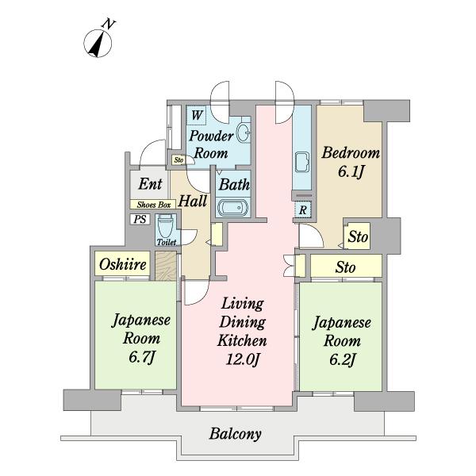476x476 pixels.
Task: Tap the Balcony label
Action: pos(235,434)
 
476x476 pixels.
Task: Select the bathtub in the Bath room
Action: pos(232,209)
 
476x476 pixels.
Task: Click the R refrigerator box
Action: pos(302,210)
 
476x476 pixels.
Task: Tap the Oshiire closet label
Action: pos(122,265)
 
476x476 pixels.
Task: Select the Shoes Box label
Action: pos(151,205)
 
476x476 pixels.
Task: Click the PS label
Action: pos(140,219)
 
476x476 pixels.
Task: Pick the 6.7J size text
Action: pos(140,357)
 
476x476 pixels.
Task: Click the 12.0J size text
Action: pos(242,359)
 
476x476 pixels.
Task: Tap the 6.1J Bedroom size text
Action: pos(350,172)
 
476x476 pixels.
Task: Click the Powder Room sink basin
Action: pos(244,132)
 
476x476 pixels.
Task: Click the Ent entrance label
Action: pos(150,184)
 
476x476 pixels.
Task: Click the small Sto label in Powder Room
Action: pos(178,160)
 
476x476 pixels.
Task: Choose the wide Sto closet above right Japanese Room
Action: pos(345,267)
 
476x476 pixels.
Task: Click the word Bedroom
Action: pos(350,153)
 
